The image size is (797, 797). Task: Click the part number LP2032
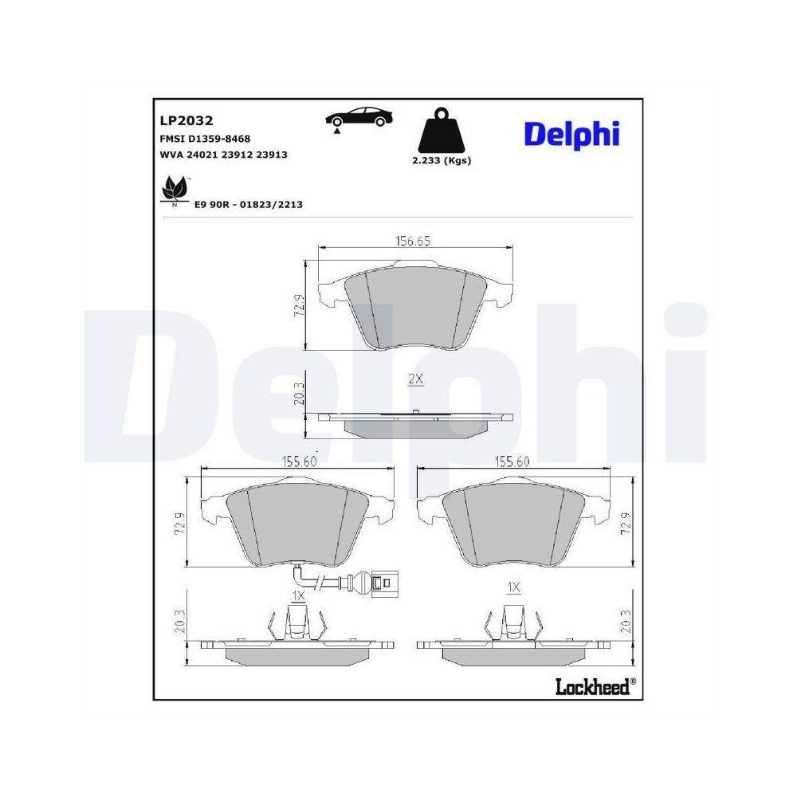tap(186, 121)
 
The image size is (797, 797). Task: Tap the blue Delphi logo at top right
tap(571, 133)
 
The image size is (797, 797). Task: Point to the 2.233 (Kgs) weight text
tap(441, 160)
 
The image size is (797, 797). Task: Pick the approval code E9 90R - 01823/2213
tap(248, 205)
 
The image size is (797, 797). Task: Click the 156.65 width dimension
tap(414, 241)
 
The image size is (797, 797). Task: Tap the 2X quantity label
tap(415, 379)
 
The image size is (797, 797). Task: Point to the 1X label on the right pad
tap(513, 587)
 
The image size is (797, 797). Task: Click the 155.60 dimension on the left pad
tap(299, 461)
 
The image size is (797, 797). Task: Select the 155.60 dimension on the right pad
tap(513, 461)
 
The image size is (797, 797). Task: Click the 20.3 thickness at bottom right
tap(626, 621)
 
